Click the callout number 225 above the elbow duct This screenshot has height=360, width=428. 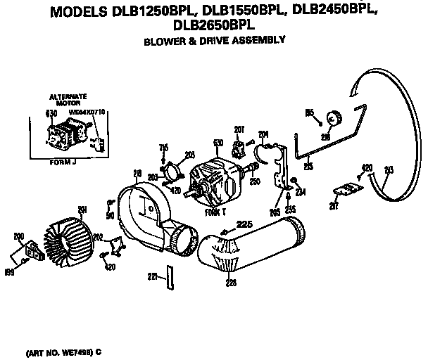coord(244,225)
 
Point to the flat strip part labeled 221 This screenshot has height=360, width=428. coord(168,278)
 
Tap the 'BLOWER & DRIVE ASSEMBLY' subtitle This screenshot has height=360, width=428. coord(214,41)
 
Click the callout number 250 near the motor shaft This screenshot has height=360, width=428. coord(254,181)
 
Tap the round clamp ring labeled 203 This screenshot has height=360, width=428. coord(172,172)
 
